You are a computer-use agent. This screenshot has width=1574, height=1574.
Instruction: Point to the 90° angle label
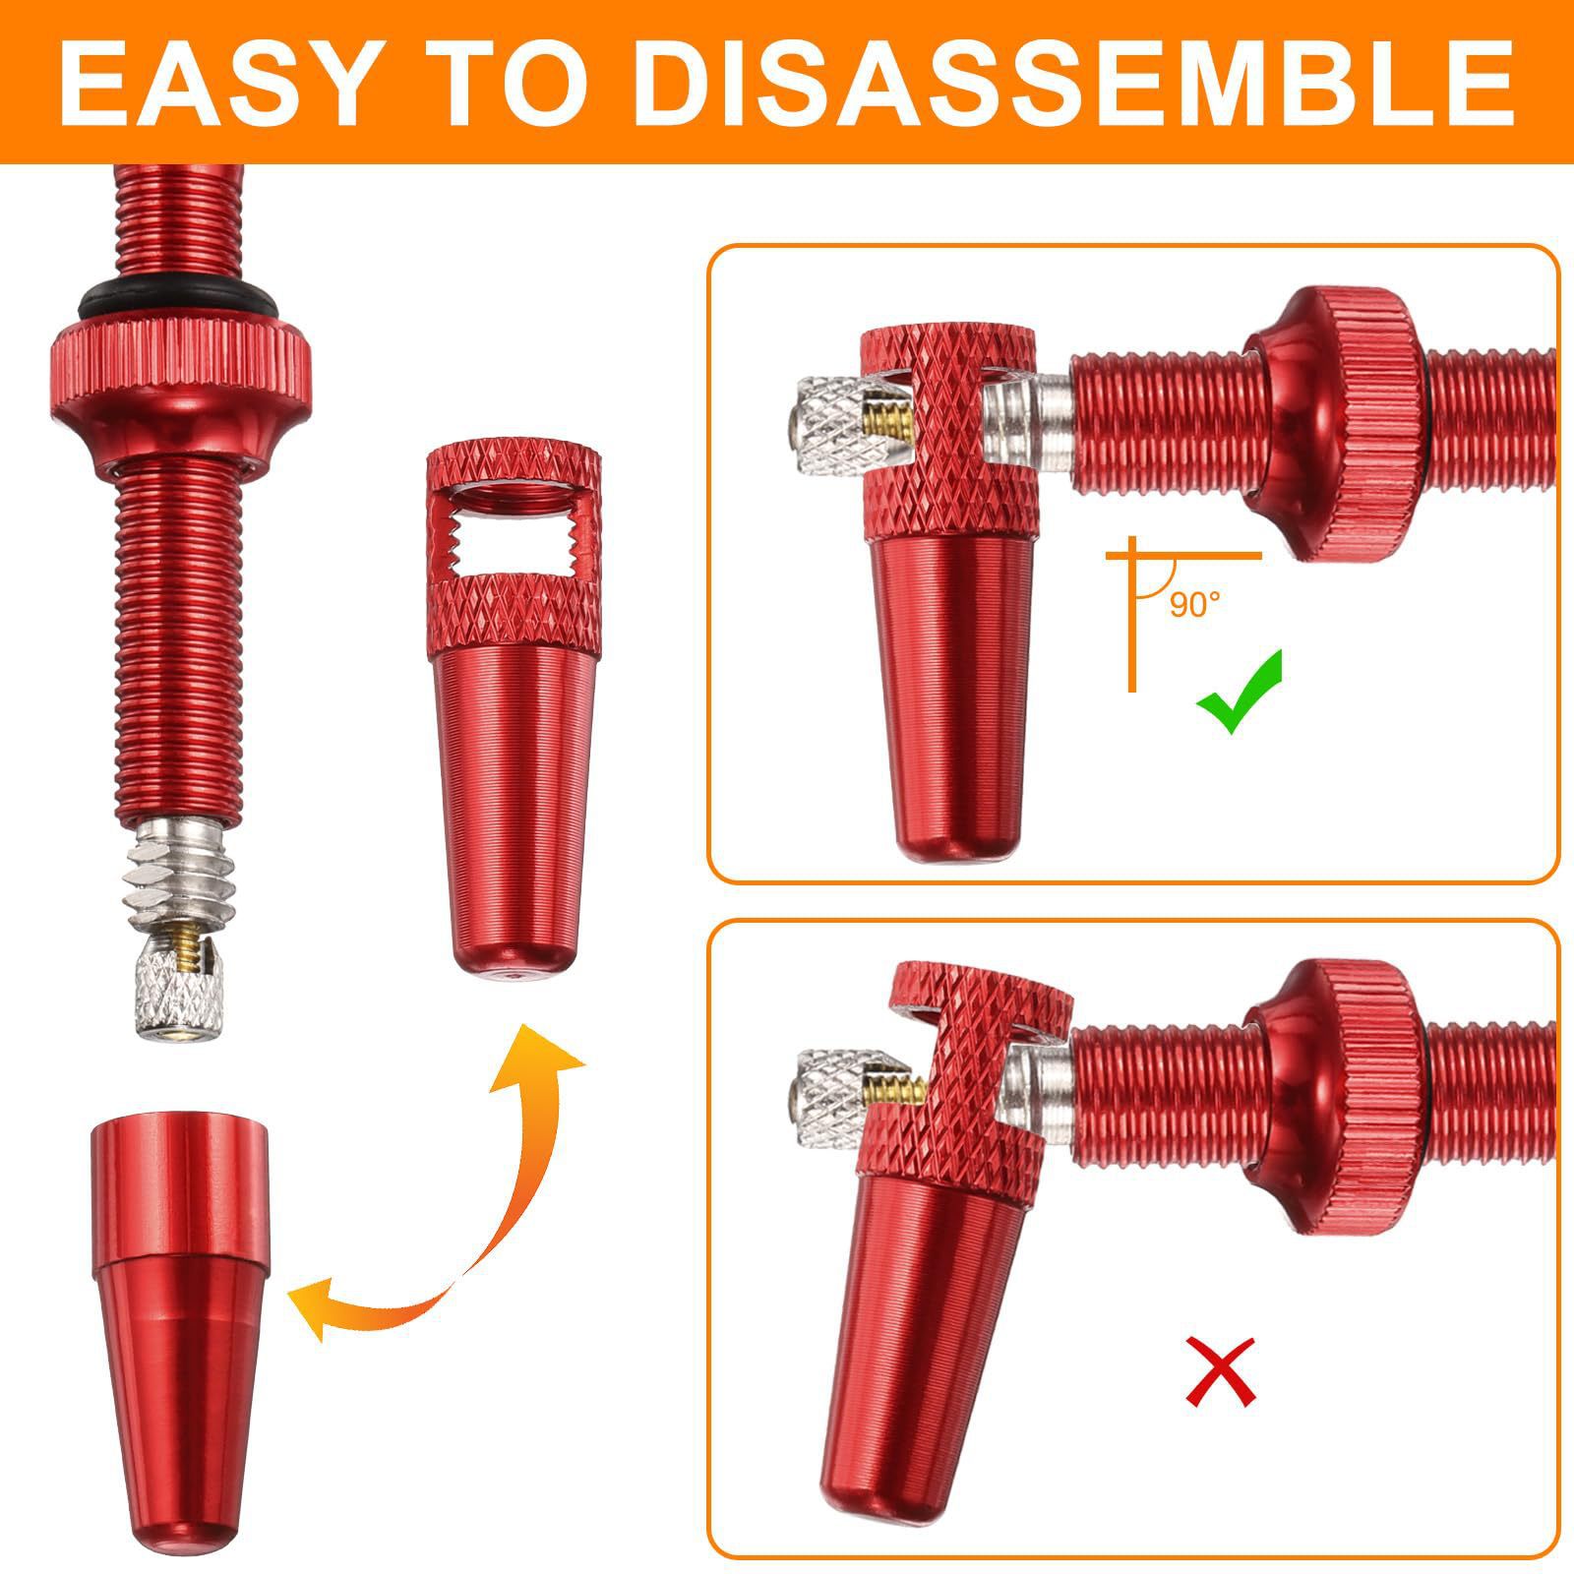tap(1194, 604)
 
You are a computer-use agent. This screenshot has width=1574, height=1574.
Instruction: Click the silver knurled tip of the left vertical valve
tap(183, 998)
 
